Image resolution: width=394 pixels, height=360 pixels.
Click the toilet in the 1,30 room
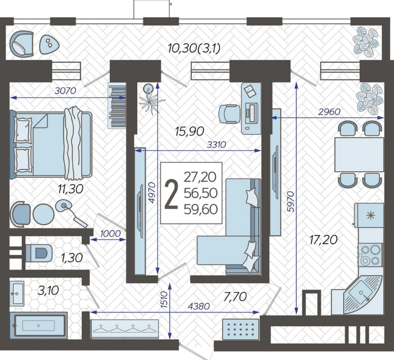[x=39, y=253]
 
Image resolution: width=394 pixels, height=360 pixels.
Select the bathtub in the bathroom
[x=39, y=325]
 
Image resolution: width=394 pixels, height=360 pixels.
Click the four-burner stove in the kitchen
[x=370, y=255]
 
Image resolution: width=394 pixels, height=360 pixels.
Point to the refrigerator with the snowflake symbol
[x=369, y=215]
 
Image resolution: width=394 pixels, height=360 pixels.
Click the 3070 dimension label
[x=65, y=91]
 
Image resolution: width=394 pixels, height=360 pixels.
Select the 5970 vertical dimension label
[x=290, y=202]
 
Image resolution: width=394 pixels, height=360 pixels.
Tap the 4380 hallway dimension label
[x=199, y=306]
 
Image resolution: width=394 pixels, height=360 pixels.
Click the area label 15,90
[x=190, y=131]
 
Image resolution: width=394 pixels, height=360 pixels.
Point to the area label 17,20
[x=323, y=240]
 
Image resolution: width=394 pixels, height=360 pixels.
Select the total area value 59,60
[x=201, y=209]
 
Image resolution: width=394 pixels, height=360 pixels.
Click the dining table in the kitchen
[x=359, y=155]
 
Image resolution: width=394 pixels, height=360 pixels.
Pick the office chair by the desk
[x=229, y=114]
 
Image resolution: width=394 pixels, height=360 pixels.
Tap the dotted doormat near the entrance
[x=241, y=328]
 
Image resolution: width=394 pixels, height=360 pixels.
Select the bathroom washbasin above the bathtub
[x=17, y=293]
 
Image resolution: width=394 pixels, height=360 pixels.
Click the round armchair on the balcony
[x=21, y=44]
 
